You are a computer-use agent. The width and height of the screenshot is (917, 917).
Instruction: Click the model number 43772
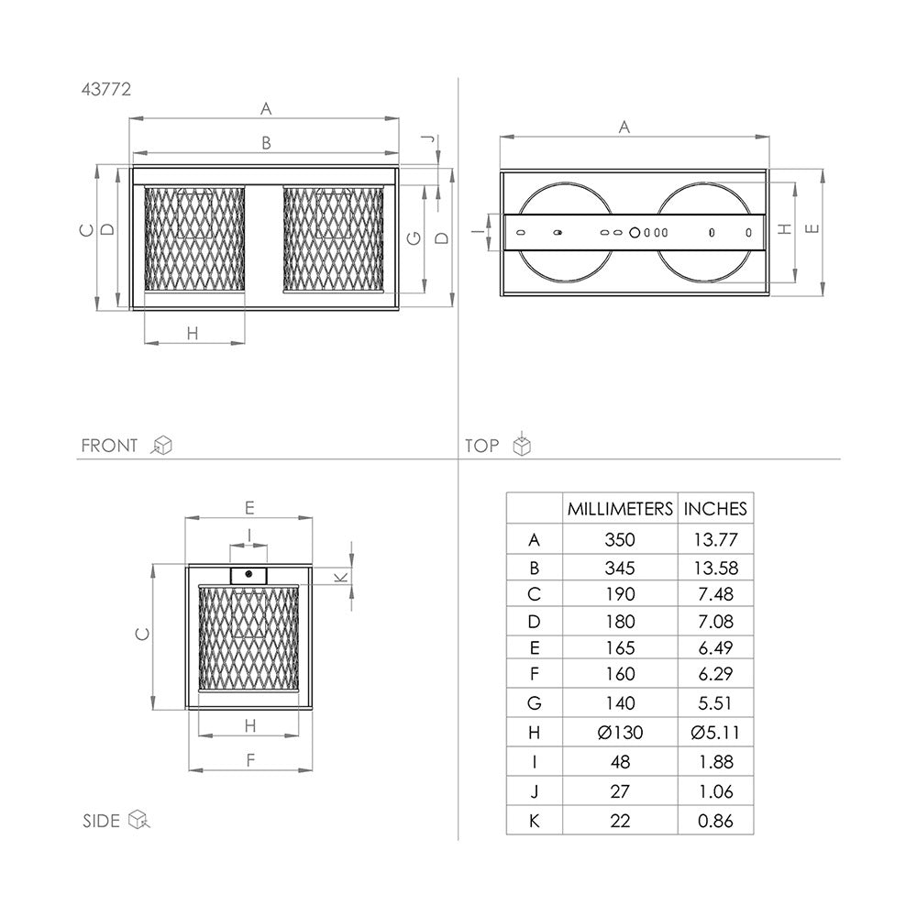coord(105,90)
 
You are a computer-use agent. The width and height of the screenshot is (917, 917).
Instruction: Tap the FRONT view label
coord(109,446)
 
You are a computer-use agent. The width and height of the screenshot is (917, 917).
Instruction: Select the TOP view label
coord(482,446)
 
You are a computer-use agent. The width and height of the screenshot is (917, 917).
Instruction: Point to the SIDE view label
coord(101,821)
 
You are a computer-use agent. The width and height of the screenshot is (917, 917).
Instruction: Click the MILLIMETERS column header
coord(620,509)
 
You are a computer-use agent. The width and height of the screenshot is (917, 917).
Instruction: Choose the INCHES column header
coord(715,509)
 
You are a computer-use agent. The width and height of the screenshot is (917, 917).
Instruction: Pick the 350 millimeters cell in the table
coord(620,539)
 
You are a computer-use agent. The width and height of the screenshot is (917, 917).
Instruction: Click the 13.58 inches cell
coord(716,568)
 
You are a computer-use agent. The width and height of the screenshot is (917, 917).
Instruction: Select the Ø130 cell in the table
coord(620,732)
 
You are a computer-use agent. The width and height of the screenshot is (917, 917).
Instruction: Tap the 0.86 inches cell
coord(716,821)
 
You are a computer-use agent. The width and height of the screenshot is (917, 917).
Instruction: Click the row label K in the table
coord(534,821)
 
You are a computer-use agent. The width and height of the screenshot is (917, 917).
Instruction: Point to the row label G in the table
coord(534,703)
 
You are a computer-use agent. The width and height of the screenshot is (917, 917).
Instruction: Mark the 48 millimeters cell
coord(620,761)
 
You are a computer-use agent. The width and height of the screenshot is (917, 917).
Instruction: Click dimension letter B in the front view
coord(266,143)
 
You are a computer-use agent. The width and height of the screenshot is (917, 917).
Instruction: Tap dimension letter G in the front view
coord(414,238)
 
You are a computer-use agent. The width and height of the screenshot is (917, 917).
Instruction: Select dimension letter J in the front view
coord(428,139)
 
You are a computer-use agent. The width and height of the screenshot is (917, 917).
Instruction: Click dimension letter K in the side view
coord(340,578)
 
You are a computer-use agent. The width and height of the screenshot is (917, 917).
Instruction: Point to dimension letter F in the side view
coord(250,759)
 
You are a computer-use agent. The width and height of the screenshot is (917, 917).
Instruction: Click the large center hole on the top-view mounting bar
coord(635,233)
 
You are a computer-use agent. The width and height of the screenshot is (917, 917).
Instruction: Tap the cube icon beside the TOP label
coord(522,445)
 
